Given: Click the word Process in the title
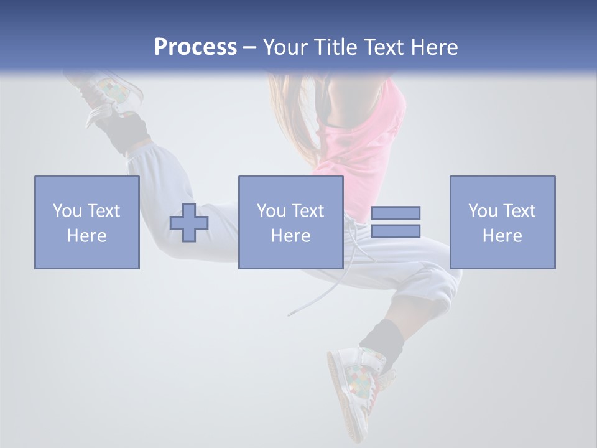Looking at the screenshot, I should [x=195, y=47].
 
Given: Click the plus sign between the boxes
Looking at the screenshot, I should [x=189, y=223].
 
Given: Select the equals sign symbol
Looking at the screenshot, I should [x=396, y=222].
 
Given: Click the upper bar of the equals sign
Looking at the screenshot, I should [x=396, y=213].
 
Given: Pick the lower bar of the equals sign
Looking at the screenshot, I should [x=396, y=231].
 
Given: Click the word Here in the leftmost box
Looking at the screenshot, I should [x=86, y=236].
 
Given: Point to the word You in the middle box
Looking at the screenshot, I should [x=271, y=211].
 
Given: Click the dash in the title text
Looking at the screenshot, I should [x=250, y=47].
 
